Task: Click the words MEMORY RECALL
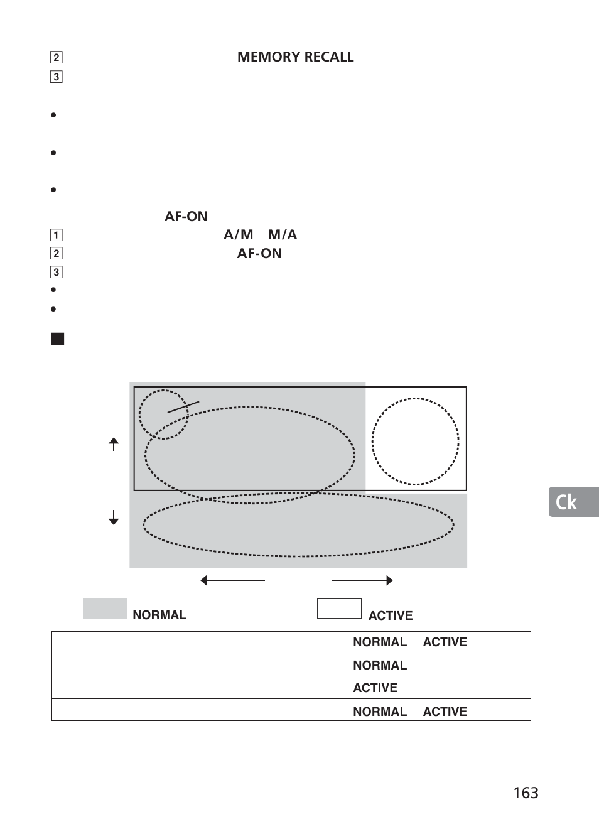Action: pyautogui.click(x=295, y=57)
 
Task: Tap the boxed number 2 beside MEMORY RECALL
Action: pyautogui.click(x=57, y=57)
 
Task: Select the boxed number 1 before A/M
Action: pyautogui.click(x=57, y=235)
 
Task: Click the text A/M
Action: pyautogui.click(x=238, y=235)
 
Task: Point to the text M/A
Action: pyautogui.click(x=282, y=235)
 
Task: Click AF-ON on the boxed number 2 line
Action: pyautogui.click(x=259, y=254)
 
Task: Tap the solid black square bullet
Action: pyautogui.click(x=58, y=339)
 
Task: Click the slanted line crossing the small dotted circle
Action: pyautogui.click(x=183, y=407)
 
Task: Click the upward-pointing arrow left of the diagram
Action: pyautogui.click(x=114, y=444)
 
